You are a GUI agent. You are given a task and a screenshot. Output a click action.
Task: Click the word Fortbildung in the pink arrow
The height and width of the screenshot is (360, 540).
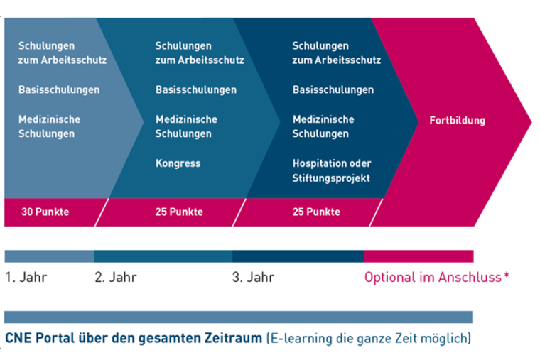tap(458, 121)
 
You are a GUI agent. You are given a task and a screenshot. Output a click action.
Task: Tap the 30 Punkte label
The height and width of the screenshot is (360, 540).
tap(45, 212)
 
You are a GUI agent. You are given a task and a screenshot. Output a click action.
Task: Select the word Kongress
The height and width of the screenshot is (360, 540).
tap(178, 163)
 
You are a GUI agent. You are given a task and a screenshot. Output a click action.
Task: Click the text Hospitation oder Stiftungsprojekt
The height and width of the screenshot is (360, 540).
tap(332, 170)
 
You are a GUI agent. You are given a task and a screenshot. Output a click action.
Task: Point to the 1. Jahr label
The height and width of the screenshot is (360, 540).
tap(26, 277)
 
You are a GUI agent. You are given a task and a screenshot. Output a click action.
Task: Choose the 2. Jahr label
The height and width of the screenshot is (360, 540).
tap(116, 277)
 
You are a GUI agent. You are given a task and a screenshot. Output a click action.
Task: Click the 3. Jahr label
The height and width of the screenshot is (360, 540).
tap(253, 277)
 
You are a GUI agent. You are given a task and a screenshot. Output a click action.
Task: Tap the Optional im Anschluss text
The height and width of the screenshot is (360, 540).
tap(433, 277)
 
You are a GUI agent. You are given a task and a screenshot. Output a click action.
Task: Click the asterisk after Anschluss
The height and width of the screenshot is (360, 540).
tap(506, 275)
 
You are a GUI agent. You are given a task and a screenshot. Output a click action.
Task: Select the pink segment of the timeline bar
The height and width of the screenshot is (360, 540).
tap(418, 256)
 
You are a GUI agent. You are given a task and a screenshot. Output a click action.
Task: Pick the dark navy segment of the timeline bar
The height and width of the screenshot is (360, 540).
tap(298, 256)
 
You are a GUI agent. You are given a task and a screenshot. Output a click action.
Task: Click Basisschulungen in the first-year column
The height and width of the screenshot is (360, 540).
tap(59, 90)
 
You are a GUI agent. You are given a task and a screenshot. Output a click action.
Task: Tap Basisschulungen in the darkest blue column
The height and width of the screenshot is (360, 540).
tap(333, 90)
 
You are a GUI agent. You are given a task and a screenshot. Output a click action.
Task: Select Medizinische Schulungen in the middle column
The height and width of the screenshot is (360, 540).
tap(186, 126)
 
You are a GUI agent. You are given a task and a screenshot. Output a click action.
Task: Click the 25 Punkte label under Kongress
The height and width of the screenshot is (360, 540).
tap(179, 212)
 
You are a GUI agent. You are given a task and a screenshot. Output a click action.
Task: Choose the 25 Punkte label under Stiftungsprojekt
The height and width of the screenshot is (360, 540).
tap(316, 212)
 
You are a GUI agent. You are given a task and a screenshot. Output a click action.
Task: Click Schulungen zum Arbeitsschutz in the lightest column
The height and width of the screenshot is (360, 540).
tap(63, 53)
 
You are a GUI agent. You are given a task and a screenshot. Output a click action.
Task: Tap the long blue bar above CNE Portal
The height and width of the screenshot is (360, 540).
tap(239, 317)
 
